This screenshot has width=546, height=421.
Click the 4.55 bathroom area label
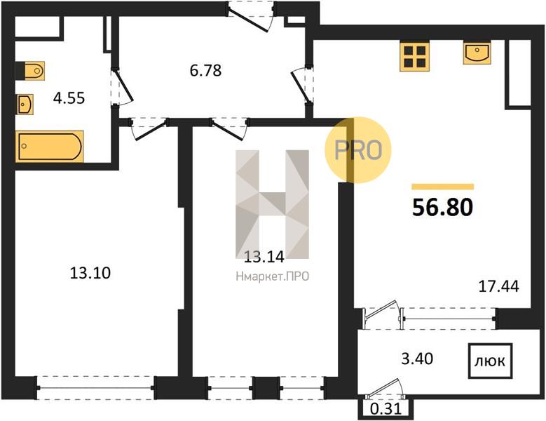69,98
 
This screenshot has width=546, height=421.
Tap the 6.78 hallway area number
205,70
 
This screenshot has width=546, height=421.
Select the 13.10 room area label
90,272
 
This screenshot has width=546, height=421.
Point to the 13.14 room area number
264,258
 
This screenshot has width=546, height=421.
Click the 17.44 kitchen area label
498,286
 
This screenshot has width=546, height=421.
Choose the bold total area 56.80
442,208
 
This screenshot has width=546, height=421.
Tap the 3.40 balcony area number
417,359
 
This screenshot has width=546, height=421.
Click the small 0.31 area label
385,409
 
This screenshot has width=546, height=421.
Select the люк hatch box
491,361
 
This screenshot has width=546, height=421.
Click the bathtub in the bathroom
50,147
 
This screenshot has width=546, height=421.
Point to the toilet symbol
31,71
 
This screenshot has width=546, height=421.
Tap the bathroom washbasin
25,105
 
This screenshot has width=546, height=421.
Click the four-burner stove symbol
414,56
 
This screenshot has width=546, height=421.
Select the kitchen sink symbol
477,53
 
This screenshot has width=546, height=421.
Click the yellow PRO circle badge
358,150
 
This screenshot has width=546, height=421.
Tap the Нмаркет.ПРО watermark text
273,276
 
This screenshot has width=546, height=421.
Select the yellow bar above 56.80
442,187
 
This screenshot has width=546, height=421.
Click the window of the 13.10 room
95,387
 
